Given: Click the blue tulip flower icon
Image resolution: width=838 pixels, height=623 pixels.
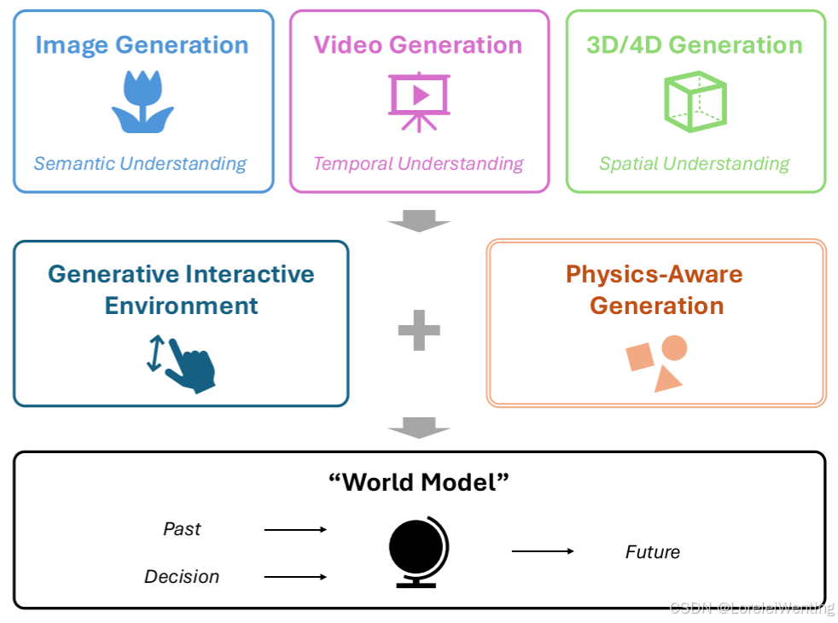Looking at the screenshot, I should click(143, 102).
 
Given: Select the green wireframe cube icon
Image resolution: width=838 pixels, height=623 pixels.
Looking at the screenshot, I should click(695, 101).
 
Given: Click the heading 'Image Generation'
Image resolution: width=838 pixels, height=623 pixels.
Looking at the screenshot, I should click(143, 45).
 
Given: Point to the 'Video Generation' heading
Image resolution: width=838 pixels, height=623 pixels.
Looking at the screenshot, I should click(418, 45).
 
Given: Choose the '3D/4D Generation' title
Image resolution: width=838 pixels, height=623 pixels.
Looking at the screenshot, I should click(695, 45).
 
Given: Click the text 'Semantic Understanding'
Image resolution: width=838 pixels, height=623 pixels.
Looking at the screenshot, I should click(140, 164).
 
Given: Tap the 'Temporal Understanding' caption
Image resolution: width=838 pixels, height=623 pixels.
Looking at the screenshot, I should click(418, 164).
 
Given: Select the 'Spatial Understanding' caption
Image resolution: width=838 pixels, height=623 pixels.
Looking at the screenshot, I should click(695, 164).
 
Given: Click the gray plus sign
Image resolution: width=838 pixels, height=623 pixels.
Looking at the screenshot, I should click(419, 330).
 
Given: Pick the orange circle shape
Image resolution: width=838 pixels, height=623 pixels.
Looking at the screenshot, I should click(674, 348).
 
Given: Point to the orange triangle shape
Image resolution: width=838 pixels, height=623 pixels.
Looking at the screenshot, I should click(667, 379).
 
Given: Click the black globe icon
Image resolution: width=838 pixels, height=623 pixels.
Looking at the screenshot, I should click(418, 552).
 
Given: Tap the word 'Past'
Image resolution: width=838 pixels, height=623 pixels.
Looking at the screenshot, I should click(182, 529).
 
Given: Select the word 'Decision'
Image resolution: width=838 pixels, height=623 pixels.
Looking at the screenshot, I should click(182, 577).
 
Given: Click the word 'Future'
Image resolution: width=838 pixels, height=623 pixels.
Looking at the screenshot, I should click(653, 552).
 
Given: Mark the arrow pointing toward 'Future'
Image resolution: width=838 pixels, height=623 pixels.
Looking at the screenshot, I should click(543, 552).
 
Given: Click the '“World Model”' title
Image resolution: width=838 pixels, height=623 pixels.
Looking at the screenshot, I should click(419, 482).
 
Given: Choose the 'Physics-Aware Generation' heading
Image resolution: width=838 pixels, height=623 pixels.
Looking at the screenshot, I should click(655, 290).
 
